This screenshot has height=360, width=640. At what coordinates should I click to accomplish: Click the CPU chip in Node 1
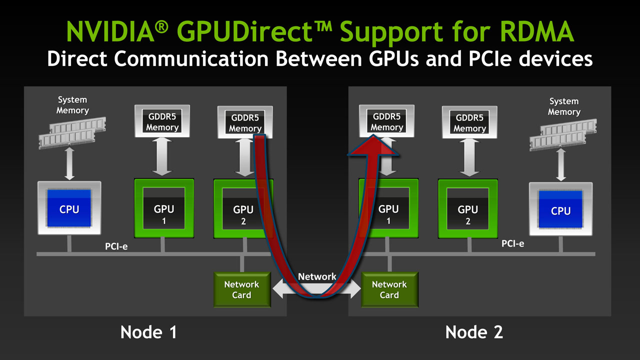tap(69, 208)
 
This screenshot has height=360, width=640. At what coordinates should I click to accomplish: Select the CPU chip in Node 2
tap(560, 209)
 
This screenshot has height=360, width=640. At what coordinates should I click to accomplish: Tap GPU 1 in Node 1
tap(163, 208)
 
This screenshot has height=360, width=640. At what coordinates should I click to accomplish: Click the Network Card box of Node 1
tap(241, 289)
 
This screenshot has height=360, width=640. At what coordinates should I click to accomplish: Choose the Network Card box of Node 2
tap(389, 289)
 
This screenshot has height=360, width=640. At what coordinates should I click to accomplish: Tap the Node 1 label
tap(148, 332)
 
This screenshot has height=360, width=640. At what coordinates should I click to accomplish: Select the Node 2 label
tap(474, 332)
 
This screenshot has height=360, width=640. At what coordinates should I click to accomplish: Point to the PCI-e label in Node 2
tap(513, 243)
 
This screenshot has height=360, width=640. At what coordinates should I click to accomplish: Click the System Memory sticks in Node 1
tap(67, 134)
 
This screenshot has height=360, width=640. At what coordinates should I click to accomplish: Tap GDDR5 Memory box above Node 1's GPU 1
tap(162, 122)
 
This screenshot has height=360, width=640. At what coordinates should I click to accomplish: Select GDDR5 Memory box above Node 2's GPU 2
tap(470, 123)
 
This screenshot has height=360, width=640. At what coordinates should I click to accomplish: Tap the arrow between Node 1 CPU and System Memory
tap(69, 163)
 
